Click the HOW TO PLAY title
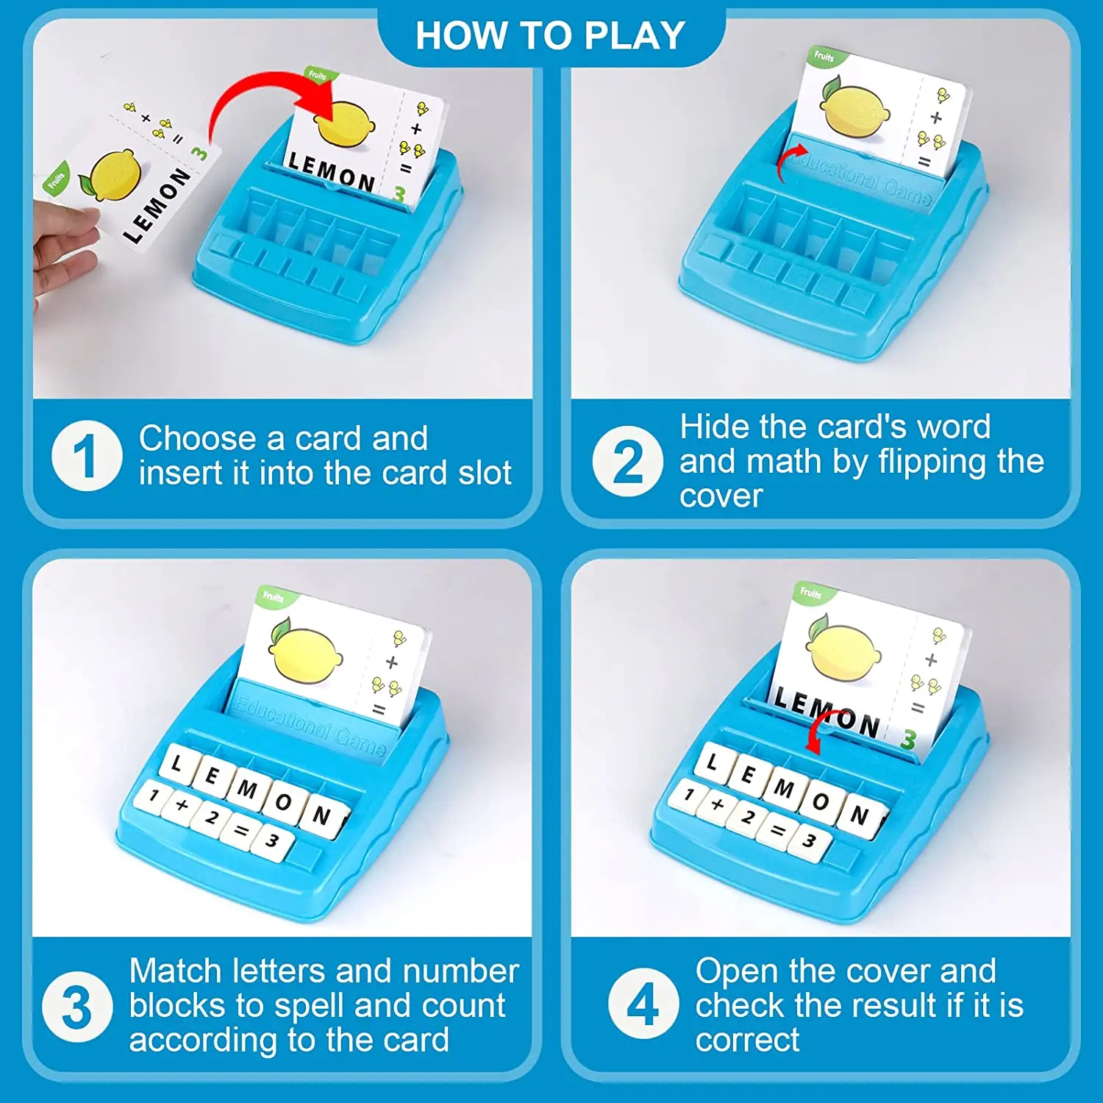point(550,35)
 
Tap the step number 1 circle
point(86,456)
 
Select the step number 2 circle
point(627,461)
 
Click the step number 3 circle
point(77,1007)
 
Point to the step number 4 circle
point(643,1003)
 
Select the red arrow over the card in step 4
point(820,728)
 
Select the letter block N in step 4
point(859,815)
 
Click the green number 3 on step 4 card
point(909,739)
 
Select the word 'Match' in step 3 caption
point(175,971)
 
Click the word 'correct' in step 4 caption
point(747,1040)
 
